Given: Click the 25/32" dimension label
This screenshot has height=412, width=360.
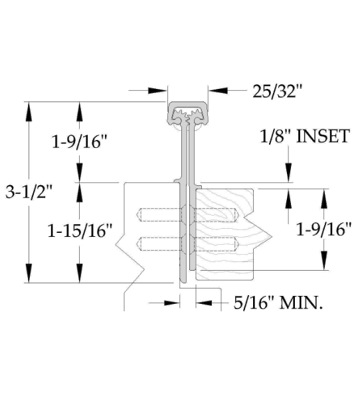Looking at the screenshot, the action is tap(278, 91).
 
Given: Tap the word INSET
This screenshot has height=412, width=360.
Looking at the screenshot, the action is tap(323, 136).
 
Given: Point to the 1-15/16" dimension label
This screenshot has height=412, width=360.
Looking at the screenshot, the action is tap(80, 231).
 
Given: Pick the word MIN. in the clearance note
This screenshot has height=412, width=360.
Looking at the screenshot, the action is tap(301, 303).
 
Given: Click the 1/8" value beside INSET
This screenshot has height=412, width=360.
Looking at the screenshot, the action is tap(276, 136).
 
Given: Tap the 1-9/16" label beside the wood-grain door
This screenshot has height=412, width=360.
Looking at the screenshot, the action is tap(323, 229).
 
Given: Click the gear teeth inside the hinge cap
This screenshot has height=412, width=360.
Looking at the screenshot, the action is tap(188, 116).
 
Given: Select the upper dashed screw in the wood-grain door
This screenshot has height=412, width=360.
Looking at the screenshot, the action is tap(216, 214).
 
